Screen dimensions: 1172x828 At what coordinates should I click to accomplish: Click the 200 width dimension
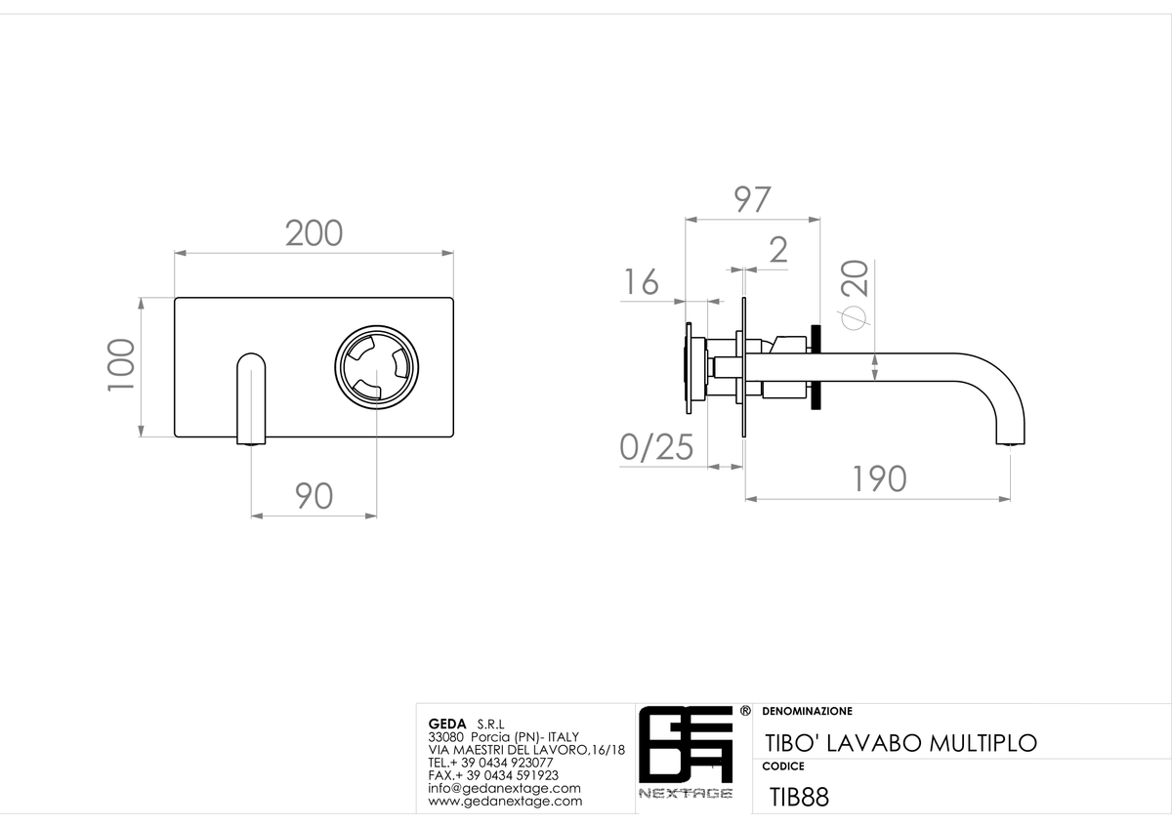(314, 233)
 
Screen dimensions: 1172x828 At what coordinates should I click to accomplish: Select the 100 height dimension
(121, 365)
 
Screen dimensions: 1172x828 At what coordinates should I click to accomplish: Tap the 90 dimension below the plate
(314, 496)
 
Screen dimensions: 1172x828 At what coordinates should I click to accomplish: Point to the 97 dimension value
(752, 199)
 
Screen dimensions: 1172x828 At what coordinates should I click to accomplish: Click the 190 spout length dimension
(880, 479)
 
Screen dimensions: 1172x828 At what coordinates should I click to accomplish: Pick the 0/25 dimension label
(656, 448)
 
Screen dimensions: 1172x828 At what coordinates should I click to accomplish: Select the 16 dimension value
(642, 282)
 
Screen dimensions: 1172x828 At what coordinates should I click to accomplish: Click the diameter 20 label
(855, 295)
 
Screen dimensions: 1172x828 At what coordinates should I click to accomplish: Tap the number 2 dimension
(778, 250)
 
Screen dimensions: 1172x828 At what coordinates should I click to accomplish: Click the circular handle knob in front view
(377, 367)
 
